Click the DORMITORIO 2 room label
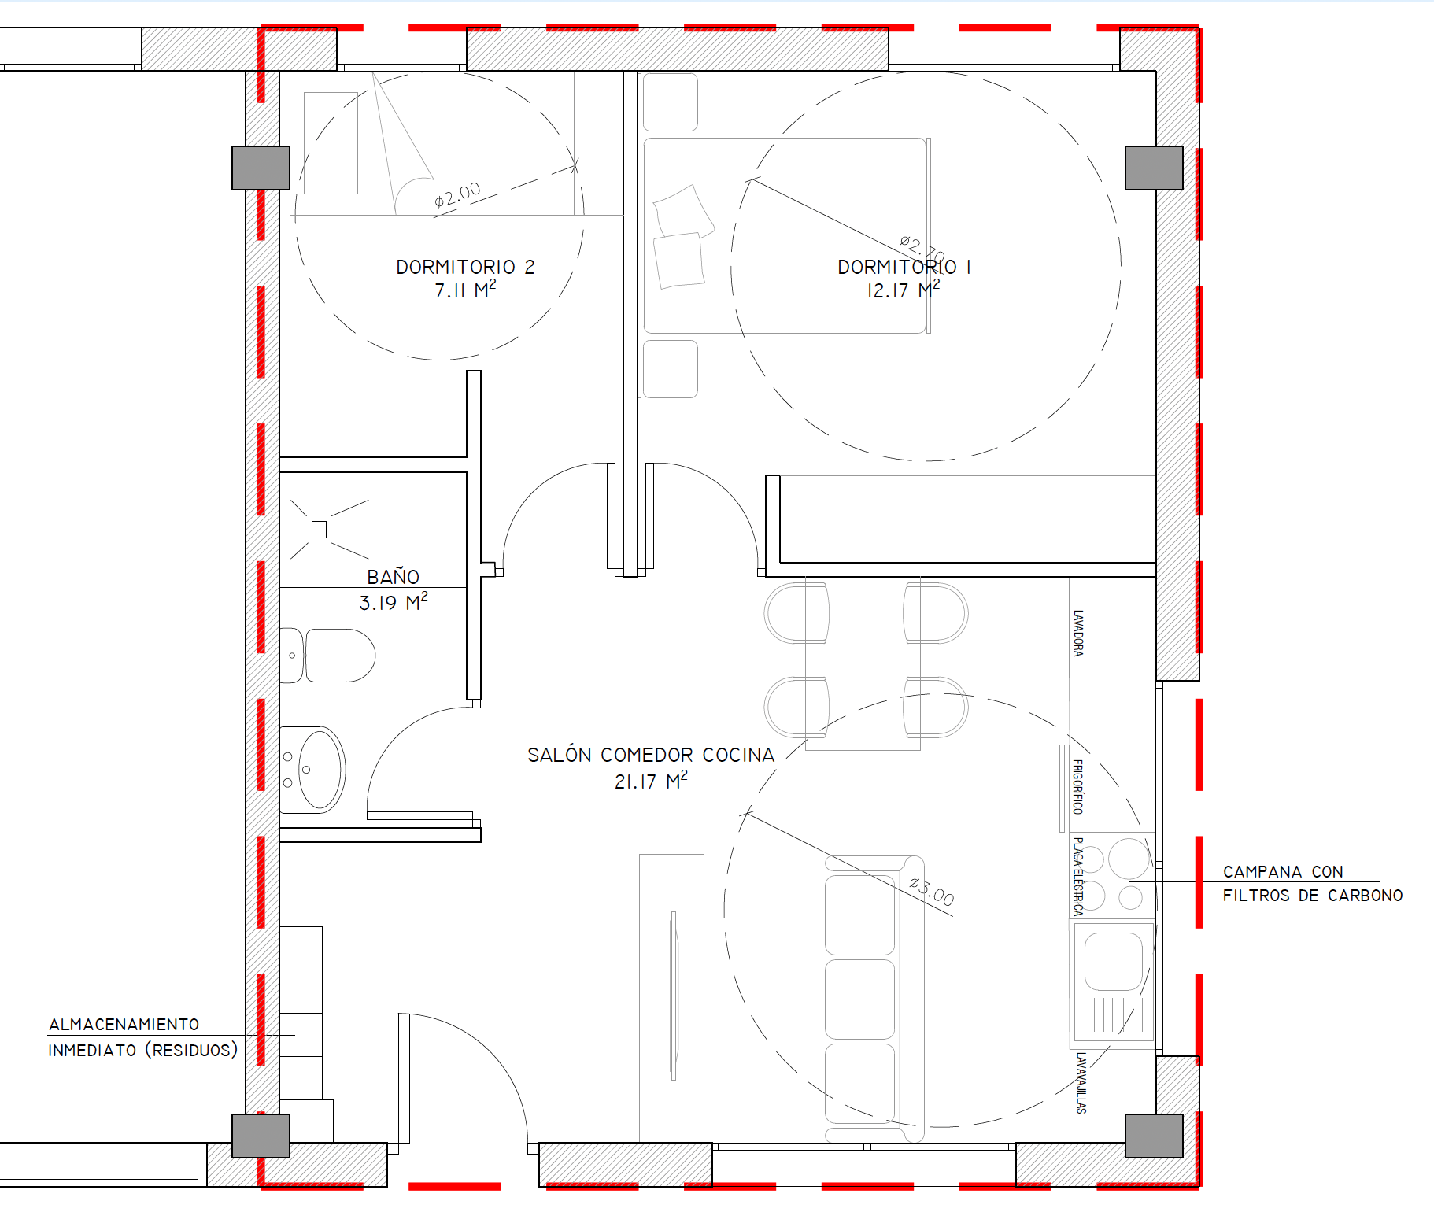point(465,268)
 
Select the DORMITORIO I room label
point(904,268)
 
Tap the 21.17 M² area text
point(651,782)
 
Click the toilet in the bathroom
point(327,656)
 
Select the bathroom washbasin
point(313,770)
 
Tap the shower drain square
point(319,530)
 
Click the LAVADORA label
point(1078,633)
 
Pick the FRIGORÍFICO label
point(1077,786)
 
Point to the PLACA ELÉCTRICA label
point(1077,876)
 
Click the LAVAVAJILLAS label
point(1081,1083)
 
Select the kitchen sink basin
point(1114,961)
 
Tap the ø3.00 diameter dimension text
point(932,892)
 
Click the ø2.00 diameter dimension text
point(457,194)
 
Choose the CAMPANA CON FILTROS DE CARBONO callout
point(1312,883)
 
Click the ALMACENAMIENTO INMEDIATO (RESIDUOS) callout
point(143,1037)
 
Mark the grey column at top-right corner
point(1154,168)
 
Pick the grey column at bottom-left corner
point(261,1136)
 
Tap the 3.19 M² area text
point(394,603)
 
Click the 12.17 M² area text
point(904,290)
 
